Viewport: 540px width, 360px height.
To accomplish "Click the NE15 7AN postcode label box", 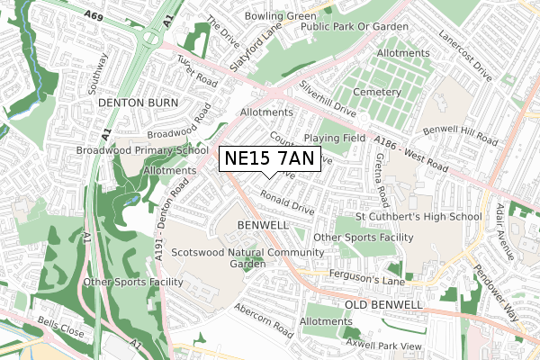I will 268,159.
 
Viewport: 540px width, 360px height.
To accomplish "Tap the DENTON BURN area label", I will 134,103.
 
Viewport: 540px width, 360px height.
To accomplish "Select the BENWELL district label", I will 263,223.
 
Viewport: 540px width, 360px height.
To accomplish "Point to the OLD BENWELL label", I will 383,305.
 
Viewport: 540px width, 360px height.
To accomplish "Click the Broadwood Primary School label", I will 142,150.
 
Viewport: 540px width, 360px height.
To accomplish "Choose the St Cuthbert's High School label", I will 431,217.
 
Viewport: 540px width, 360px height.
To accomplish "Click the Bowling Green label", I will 281,16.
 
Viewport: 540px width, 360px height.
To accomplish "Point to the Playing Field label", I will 334,138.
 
